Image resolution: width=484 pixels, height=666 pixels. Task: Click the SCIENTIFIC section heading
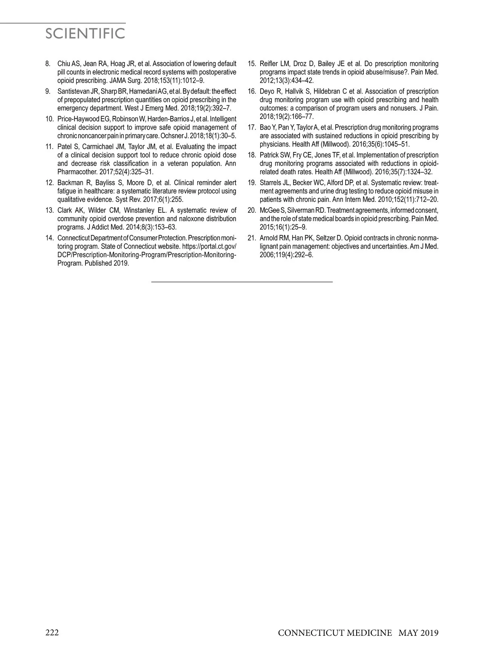[85, 34]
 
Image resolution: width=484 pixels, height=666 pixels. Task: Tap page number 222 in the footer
[52, 632]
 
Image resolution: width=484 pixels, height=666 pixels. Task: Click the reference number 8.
[48, 64]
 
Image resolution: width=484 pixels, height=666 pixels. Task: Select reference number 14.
[50, 237]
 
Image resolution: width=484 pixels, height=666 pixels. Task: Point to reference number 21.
[252, 237]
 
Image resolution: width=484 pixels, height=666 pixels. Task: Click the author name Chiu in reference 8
[64, 64]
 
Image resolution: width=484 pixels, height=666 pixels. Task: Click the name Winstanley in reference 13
[139, 210]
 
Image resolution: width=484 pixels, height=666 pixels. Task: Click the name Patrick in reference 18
[269, 155]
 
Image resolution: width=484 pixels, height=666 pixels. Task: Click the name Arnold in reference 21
[269, 237]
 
